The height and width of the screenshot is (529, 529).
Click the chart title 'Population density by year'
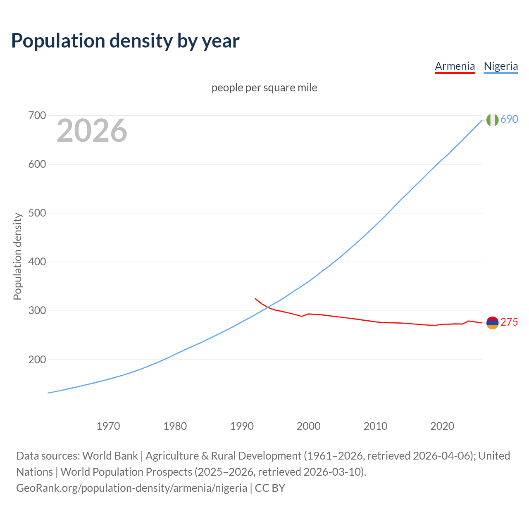(125, 41)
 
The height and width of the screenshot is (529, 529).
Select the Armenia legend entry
(455, 66)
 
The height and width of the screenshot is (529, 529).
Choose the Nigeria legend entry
(500, 66)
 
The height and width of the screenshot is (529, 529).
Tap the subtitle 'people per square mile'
(264, 88)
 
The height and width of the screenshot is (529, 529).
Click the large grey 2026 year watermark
(92, 131)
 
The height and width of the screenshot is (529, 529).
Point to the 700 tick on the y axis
(37, 116)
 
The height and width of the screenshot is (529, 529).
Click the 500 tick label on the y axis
(37, 213)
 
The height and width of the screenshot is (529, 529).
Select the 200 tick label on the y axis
(37, 360)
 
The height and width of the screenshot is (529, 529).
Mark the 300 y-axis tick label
(37, 311)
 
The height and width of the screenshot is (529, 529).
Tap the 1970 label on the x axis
(108, 426)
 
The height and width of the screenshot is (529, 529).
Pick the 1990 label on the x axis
(242, 426)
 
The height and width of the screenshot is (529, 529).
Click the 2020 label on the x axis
(442, 426)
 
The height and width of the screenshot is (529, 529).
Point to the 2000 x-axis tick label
(309, 426)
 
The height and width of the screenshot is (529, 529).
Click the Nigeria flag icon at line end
(492, 120)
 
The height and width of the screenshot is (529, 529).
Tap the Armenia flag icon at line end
(492, 323)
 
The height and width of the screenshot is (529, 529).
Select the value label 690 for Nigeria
(509, 119)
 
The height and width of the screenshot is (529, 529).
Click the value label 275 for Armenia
(509, 322)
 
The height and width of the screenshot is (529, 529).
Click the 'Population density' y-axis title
(17, 256)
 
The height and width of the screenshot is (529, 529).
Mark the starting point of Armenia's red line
(255, 298)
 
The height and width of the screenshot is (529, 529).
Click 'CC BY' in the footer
(270, 488)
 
